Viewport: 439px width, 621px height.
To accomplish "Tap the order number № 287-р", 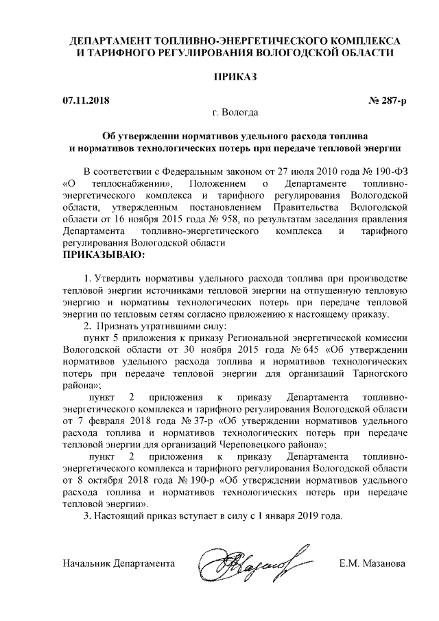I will click(x=388, y=102).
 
